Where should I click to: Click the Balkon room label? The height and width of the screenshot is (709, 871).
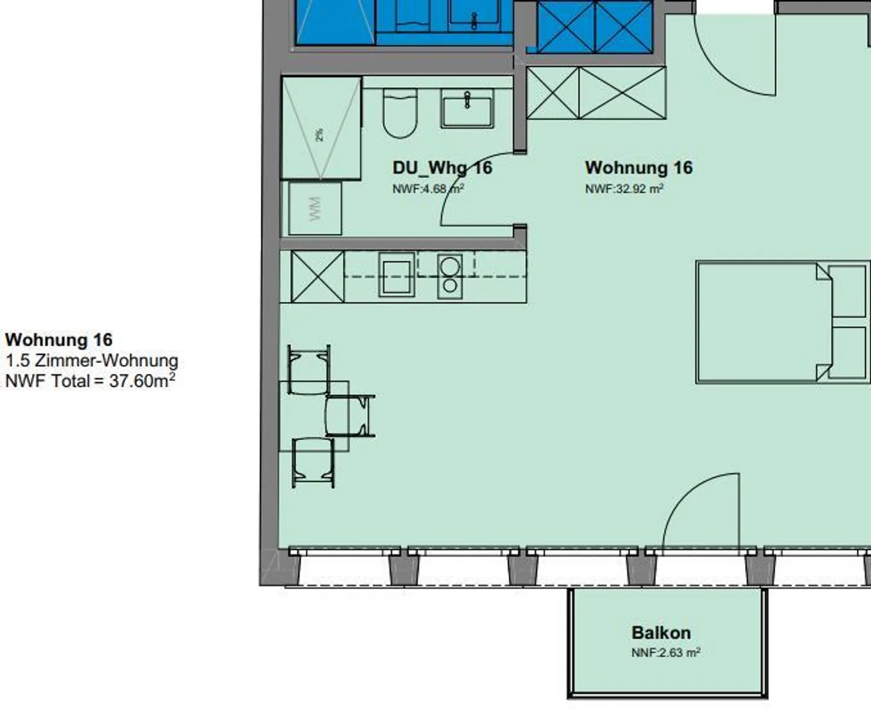(661, 633)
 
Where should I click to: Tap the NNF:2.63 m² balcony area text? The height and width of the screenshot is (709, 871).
(665, 653)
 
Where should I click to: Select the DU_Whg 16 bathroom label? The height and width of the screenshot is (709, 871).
(442, 168)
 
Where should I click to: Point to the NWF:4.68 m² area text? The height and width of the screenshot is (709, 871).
(428, 189)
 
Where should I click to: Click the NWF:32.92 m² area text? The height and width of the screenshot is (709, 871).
(624, 189)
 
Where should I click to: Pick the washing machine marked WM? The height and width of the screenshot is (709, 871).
(315, 208)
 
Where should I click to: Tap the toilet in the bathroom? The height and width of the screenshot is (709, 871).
(400, 113)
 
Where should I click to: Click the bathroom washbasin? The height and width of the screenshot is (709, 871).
(467, 109)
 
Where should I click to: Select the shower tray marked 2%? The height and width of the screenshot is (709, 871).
(321, 129)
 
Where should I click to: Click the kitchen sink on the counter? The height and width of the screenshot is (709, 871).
(397, 275)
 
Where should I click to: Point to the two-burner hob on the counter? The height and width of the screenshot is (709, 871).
(449, 276)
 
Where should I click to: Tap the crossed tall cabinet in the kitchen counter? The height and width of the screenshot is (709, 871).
(318, 276)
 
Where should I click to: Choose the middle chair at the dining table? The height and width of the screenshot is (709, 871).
(348, 416)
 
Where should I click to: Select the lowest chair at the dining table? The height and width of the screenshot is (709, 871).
(313, 462)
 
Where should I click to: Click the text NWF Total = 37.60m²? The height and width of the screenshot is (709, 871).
(90, 381)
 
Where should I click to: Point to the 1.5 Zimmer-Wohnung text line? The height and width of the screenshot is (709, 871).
(92, 361)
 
